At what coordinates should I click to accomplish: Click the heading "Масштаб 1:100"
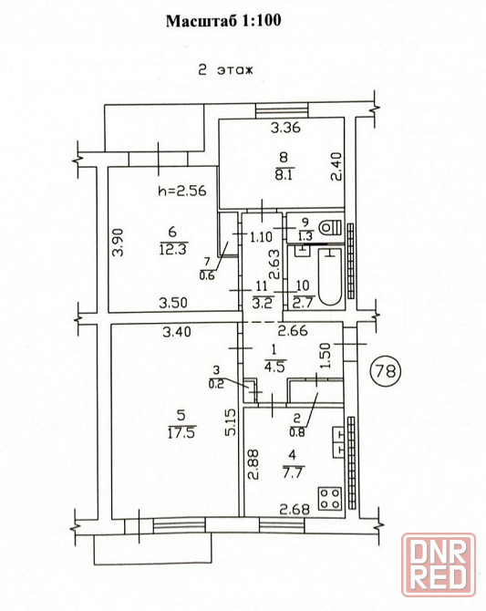tap(223, 21)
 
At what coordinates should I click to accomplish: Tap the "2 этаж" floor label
tap(225, 70)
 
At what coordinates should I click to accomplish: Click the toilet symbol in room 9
tap(330, 227)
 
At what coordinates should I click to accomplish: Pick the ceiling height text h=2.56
tap(182, 191)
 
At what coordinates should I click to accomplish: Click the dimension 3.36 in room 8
tap(285, 128)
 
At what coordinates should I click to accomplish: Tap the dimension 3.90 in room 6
tap(118, 242)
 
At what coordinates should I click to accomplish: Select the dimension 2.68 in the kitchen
tap(295, 509)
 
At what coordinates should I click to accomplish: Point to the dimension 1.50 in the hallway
tap(327, 356)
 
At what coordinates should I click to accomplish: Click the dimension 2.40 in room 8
tap(336, 166)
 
